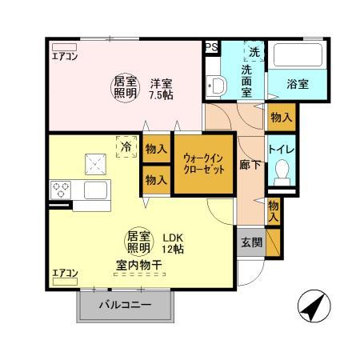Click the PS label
[212, 48]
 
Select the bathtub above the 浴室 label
[296, 56]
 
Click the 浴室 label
[298, 83]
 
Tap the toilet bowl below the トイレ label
[282, 171]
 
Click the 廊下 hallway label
[250, 166]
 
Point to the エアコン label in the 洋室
[65, 56]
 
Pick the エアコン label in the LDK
[65, 274]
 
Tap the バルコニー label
[125, 305]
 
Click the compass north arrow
[314, 306]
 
